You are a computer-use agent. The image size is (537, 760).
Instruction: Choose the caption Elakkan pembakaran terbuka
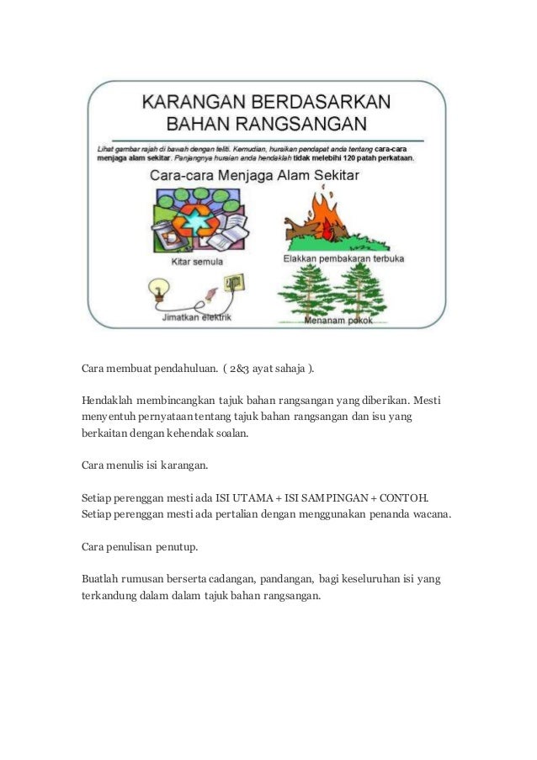pyautogui.click(x=343, y=260)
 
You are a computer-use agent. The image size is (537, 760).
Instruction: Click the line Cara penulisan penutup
pyautogui.click(x=140, y=546)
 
